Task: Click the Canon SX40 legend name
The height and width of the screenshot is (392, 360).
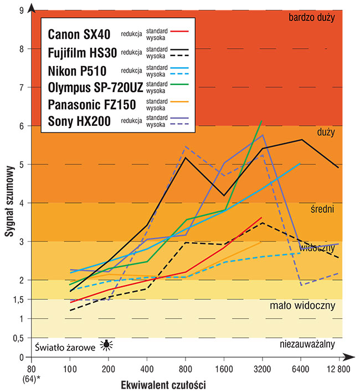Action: click(x=79, y=34)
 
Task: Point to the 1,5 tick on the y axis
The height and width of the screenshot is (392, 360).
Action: click(x=18, y=299)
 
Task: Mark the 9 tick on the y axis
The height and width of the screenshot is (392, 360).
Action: click(x=20, y=10)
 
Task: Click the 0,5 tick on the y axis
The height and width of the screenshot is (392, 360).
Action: click(x=18, y=338)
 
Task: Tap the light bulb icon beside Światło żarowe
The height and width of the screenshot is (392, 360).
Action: click(x=106, y=346)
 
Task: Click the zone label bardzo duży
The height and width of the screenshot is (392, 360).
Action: click(x=312, y=18)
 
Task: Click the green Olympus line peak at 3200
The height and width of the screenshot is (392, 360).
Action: click(x=261, y=121)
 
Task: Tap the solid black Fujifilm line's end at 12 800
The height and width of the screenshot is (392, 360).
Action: click(x=338, y=167)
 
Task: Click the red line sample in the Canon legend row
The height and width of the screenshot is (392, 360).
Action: click(x=181, y=31)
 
